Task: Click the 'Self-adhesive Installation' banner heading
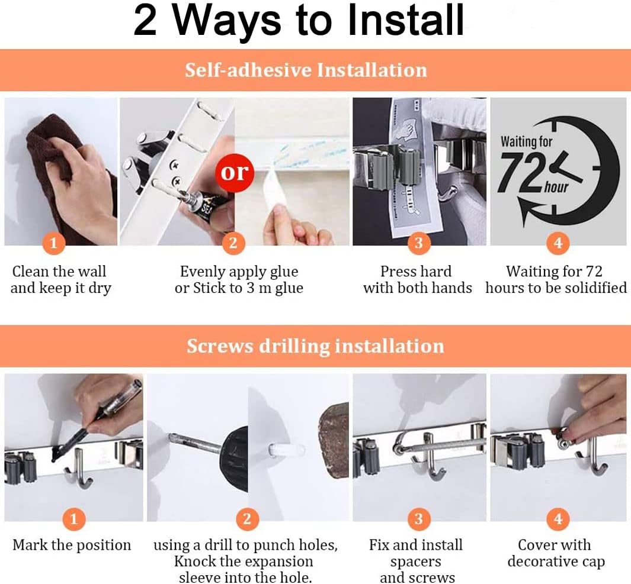point(306,70)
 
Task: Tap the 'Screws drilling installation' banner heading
point(315,346)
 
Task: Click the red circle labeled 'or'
point(235,172)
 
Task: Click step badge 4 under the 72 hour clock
point(558,243)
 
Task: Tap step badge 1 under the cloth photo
point(54,243)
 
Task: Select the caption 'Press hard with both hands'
point(417,280)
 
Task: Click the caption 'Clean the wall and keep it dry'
point(60,280)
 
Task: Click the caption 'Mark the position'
point(72,545)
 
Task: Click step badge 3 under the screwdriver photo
point(418,520)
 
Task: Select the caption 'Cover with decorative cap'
point(556,553)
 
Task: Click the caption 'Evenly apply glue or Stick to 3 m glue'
point(239,280)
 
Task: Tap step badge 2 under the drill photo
point(247,520)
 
